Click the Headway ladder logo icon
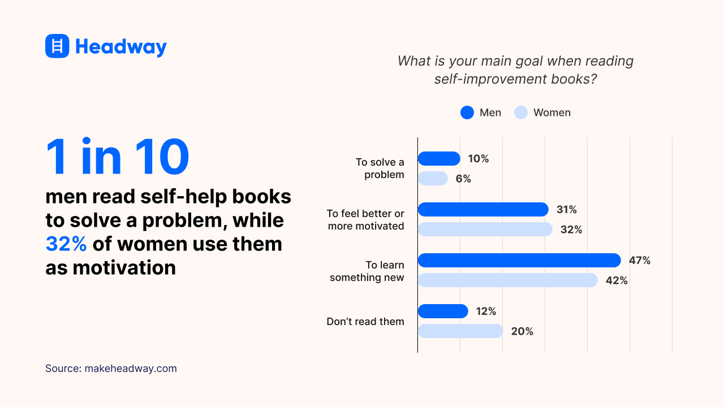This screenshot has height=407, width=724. pyautogui.click(x=57, y=46)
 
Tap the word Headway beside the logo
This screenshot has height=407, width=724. pyautogui.click(x=120, y=46)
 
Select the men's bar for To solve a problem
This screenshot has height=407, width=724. pyautogui.click(x=439, y=159)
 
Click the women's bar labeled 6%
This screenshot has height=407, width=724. pyautogui.click(x=433, y=179)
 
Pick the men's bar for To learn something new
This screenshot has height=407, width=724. pyautogui.click(x=519, y=261)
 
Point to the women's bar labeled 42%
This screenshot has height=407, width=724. pyautogui.click(x=507, y=280)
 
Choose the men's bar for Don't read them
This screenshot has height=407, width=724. pyautogui.click(x=443, y=311)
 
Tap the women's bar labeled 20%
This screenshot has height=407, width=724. pyautogui.click(x=460, y=331)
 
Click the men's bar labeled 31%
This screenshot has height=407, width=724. pyautogui.click(x=483, y=210)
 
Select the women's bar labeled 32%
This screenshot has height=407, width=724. pyautogui.click(x=485, y=230)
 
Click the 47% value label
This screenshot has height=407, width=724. pyautogui.click(x=640, y=261)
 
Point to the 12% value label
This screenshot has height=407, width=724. pyautogui.click(x=486, y=311)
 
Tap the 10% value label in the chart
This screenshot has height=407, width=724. pyautogui.click(x=479, y=159)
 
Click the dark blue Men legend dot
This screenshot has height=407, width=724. pyautogui.click(x=467, y=112)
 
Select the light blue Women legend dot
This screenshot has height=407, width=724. pyautogui.click(x=521, y=112)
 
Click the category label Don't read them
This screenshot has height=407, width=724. pyautogui.click(x=365, y=322)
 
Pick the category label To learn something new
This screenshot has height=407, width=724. pyautogui.click(x=367, y=271)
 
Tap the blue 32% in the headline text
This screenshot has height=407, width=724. pyautogui.click(x=66, y=244)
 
